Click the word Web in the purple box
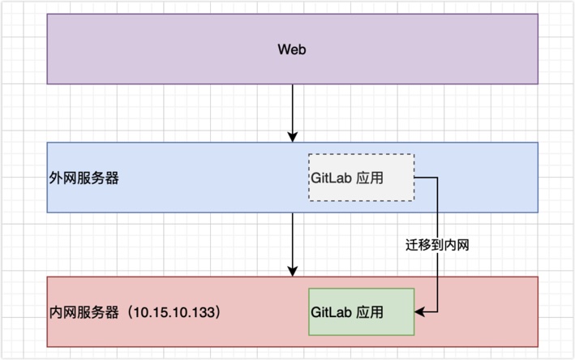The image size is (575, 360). click(292, 49)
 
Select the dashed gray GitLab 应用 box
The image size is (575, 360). click(361, 177)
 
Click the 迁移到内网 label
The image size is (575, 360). click(438, 243)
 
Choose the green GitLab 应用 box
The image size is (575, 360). click(361, 311)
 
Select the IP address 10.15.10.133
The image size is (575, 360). click(175, 312)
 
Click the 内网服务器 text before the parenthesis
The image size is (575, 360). click(84, 312)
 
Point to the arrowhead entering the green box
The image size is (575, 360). click(419, 311)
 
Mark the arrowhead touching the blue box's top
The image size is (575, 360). click(292, 136)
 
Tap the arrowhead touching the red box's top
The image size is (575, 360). click(292, 271)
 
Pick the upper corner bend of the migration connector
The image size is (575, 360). click(439, 177)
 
